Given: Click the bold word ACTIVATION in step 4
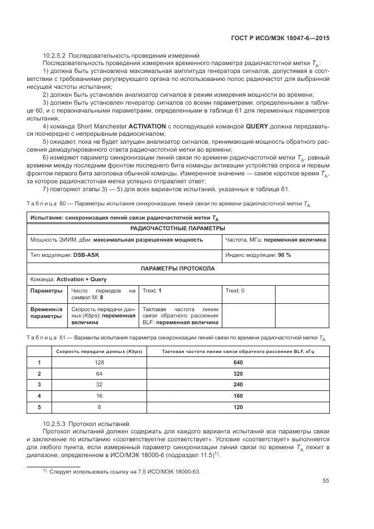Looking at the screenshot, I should [x=147, y=125].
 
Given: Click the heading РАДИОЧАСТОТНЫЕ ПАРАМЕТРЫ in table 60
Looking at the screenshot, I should [x=178, y=228].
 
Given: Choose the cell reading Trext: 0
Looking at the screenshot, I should [x=235, y=291].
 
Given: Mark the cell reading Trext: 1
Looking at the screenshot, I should [x=152, y=291].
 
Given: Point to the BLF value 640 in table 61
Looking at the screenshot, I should [x=237, y=363].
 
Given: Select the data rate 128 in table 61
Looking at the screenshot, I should [x=100, y=363].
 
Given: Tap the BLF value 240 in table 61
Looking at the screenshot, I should [x=237, y=385].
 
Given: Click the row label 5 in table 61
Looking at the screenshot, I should [x=40, y=407].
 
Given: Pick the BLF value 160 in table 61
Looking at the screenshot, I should [x=237, y=396].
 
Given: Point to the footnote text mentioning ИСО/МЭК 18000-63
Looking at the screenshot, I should [x=125, y=471].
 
